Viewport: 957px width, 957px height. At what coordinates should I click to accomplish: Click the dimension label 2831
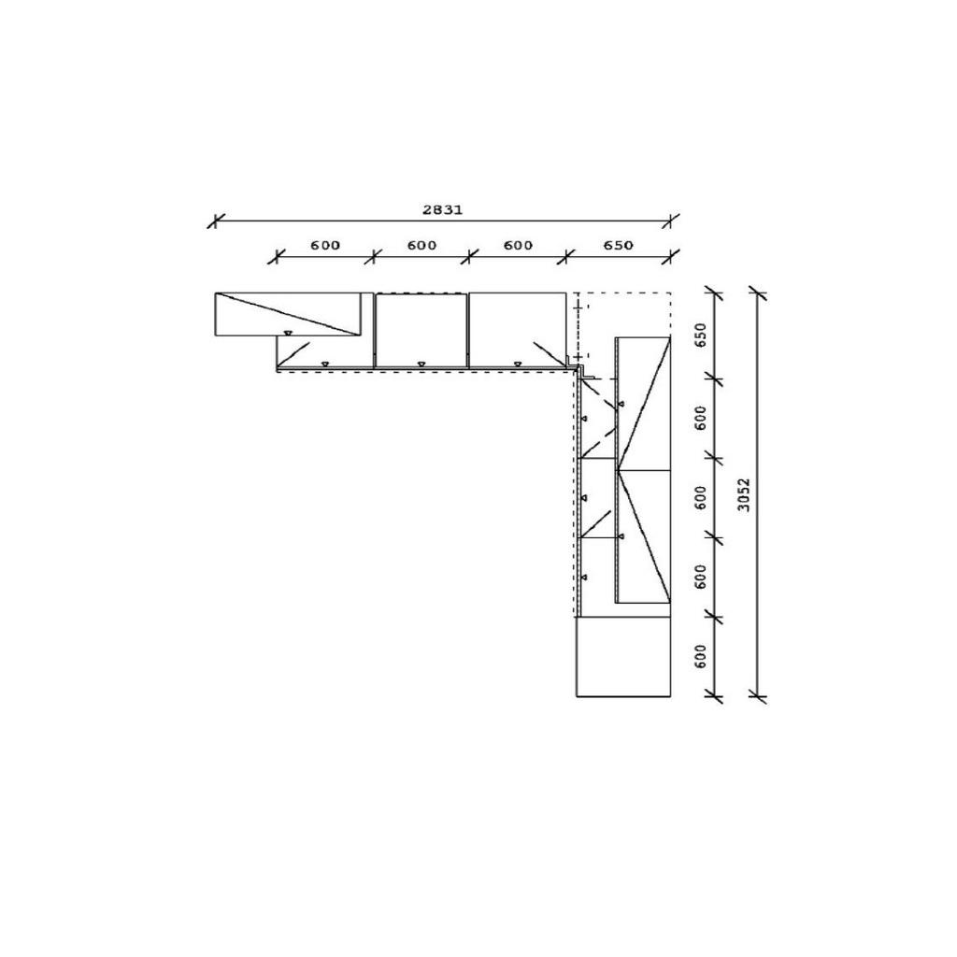click(442, 210)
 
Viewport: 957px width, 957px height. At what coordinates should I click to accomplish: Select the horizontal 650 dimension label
click(618, 246)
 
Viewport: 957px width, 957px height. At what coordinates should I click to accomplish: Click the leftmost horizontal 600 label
click(324, 246)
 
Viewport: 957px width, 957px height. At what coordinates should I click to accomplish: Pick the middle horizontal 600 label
click(421, 246)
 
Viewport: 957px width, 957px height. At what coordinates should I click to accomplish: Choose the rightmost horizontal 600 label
click(518, 246)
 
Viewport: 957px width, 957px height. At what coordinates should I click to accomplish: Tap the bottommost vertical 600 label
click(701, 656)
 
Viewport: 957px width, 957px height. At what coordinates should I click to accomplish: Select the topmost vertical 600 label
click(701, 418)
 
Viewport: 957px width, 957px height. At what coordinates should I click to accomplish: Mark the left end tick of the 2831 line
click(215, 221)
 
